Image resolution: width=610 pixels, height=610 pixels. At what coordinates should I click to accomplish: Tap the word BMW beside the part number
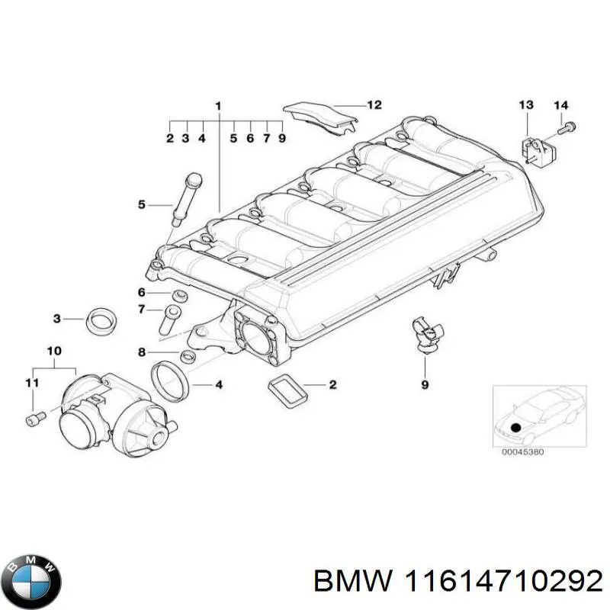coord(348,582)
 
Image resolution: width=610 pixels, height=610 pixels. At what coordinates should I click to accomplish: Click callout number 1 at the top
coord(218,104)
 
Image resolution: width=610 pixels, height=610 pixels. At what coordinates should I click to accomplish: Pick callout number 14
coord(560,104)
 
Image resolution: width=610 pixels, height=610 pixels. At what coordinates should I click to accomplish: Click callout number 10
coord(53,351)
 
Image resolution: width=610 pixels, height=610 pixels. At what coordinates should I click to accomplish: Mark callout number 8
coord(142,352)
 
